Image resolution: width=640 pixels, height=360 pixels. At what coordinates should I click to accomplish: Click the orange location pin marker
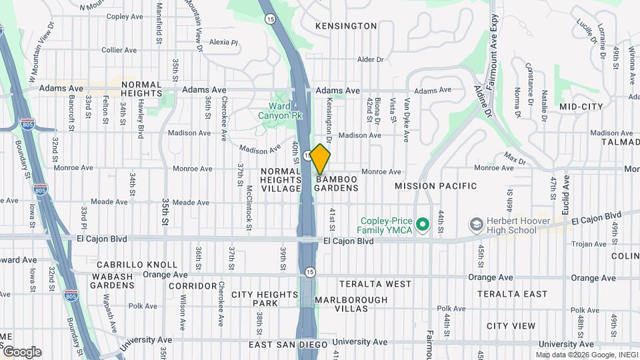(x=321, y=159)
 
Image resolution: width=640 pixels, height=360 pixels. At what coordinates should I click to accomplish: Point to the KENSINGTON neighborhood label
(x=346, y=26)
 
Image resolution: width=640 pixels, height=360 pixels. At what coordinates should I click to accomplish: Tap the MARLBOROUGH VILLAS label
(x=351, y=305)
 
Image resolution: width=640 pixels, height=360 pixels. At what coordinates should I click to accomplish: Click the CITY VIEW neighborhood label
(x=511, y=326)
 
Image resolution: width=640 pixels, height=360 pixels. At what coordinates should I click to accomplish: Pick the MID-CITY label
(x=581, y=107)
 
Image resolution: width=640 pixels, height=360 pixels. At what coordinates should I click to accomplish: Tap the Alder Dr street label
(x=371, y=59)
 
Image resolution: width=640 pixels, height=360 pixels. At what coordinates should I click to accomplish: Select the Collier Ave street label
(x=119, y=50)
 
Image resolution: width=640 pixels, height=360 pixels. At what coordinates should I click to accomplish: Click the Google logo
(x=21, y=352)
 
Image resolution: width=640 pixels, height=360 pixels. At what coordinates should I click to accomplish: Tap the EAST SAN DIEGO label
(x=288, y=345)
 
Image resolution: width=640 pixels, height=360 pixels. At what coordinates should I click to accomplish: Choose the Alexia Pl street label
(x=223, y=42)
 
